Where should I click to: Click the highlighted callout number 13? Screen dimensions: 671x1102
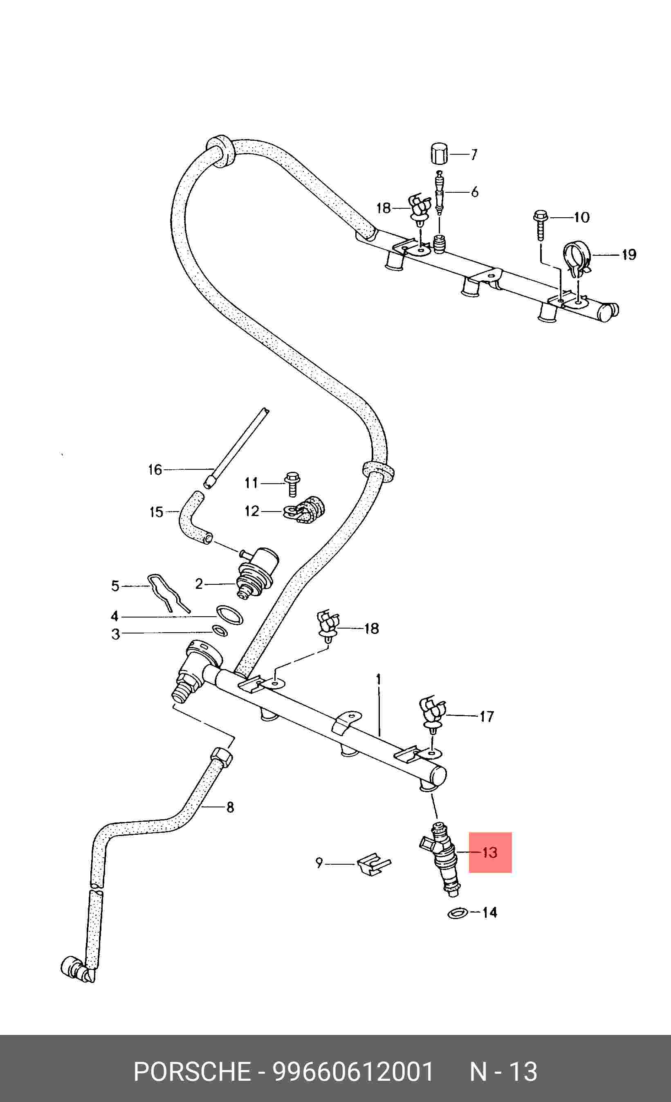pos(490,852)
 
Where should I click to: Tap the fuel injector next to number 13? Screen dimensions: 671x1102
pos(442,859)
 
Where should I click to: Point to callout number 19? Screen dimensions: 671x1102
pos(629,255)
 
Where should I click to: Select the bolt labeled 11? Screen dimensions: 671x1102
pos(292,484)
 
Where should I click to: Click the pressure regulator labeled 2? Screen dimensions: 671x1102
pos(257,574)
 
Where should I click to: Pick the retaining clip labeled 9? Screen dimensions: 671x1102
pos(374,865)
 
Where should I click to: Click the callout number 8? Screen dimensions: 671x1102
pos(230,807)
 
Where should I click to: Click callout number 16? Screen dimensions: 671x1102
pos(155,470)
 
